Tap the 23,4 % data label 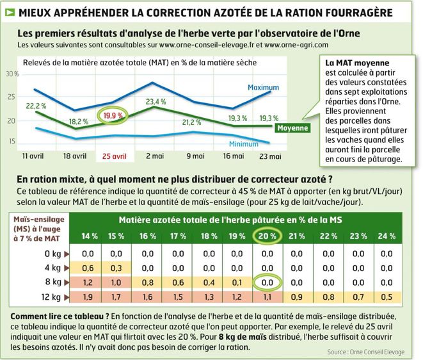click(156, 101)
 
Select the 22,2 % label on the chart click(36, 105)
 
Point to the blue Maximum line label click(262, 87)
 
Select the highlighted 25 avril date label click(112, 156)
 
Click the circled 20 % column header click(267, 236)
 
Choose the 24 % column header click(386, 236)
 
